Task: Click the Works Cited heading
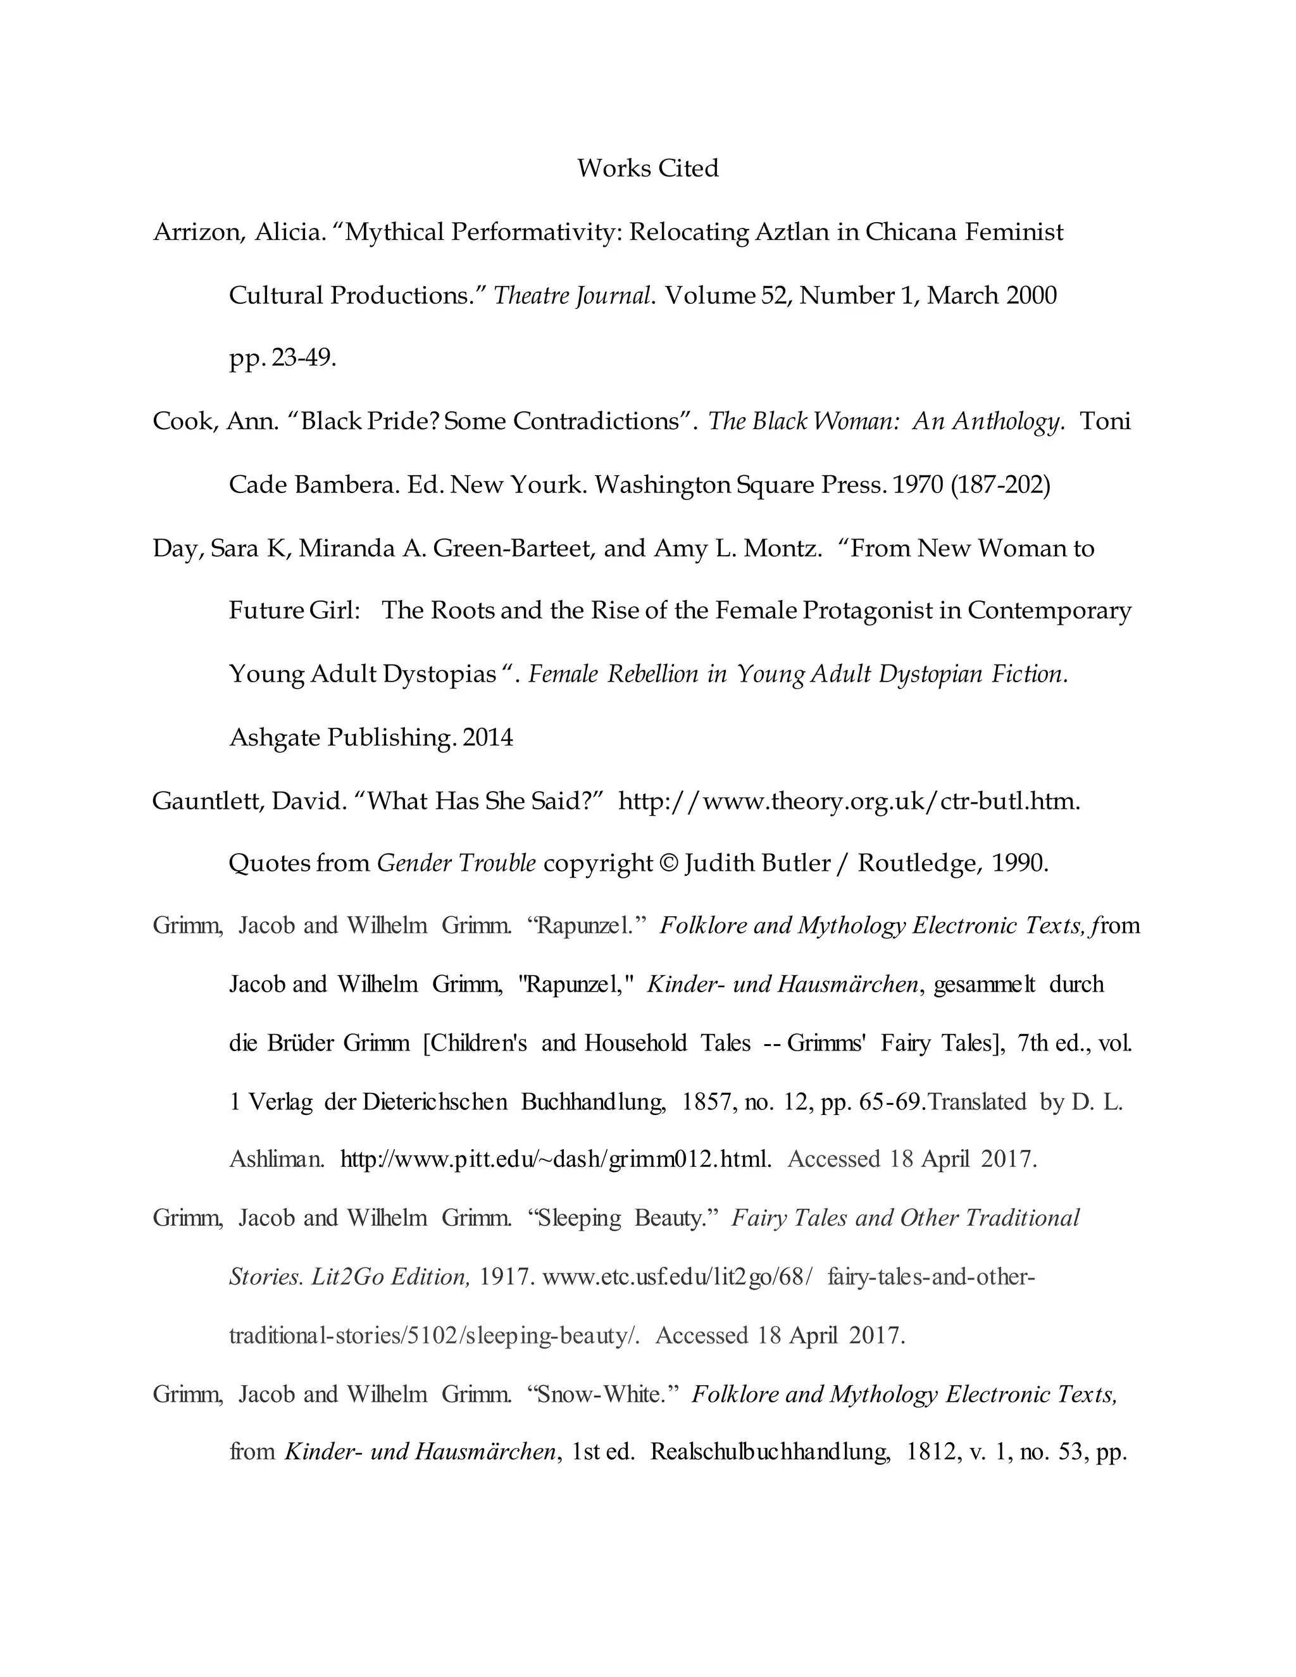pos(647,168)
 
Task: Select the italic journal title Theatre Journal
pos(573,296)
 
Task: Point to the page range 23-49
pos(302,359)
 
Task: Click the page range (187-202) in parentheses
pos(1000,485)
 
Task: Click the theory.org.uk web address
pos(849,801)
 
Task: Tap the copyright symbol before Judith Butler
pos(669,864)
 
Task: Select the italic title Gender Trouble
pos(456,864)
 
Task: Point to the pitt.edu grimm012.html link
pos(555,1159)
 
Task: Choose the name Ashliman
pos(277,1159)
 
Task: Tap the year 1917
pos(507,1277)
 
